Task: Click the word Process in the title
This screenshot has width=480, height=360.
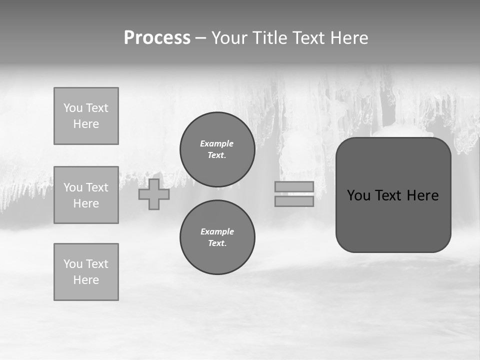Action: [x=157, y=38]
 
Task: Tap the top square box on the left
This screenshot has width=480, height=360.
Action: [x=86, y=116]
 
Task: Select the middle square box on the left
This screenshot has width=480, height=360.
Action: [x=86, y=195]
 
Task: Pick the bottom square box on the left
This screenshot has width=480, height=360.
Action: [x=86, y=272]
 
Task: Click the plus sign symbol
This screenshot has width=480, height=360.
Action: [x=154, y=194]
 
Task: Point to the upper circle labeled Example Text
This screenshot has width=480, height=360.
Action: [x=217, y=149]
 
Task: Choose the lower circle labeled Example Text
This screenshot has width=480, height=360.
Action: [x=217, y=237]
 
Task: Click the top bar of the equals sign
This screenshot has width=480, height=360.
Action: [x=294, y=186]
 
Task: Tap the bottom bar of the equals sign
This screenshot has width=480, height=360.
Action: [x=294, y=201]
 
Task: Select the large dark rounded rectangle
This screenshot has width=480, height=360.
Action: [x=393, y=220]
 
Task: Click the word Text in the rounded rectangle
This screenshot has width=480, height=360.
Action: [x=389, y=195]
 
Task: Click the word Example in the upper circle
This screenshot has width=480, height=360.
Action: [x=217, y=143]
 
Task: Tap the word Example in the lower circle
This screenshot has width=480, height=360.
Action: [x=217, y=231]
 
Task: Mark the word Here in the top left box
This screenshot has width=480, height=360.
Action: [x=86, y=124]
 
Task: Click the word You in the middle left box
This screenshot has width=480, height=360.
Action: [x=73, y=187]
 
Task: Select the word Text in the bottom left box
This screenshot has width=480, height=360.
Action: [x=97, y=264]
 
